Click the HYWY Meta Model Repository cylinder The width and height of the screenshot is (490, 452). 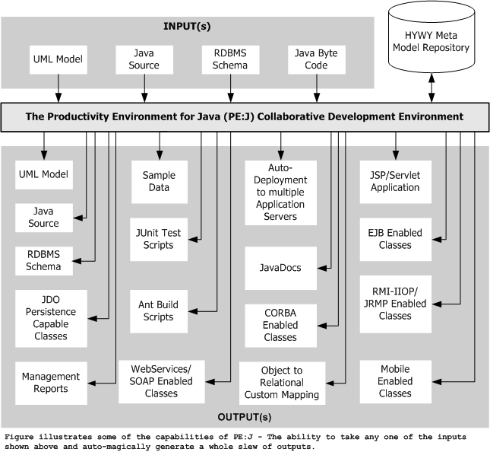[432, 37]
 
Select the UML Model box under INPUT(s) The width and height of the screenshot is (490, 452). [58, 60]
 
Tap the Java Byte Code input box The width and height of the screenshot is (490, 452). [317, 60]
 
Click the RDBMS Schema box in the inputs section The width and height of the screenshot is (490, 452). [231, 60]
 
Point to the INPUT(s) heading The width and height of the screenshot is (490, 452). [187, 27]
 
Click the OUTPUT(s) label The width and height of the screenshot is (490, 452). [245, 417]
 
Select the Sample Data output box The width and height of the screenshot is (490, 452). [160, 182]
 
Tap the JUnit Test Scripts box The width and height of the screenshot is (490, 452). [159, 240]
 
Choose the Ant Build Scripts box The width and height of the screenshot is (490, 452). [159, 311]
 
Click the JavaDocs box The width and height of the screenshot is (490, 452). [280, 269]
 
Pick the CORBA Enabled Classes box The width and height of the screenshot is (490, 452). [280, 326]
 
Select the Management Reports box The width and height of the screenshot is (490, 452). [51, 384]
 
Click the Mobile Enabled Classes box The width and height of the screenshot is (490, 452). [396, 381]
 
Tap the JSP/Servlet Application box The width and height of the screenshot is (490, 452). [396, 182]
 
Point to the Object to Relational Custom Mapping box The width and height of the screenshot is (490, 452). [282, 384]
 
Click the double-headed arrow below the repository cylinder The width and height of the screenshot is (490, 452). [432, 88]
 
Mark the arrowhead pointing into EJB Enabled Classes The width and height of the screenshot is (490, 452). [437, 240]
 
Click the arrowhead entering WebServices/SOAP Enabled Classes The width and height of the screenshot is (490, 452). [210, 382]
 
